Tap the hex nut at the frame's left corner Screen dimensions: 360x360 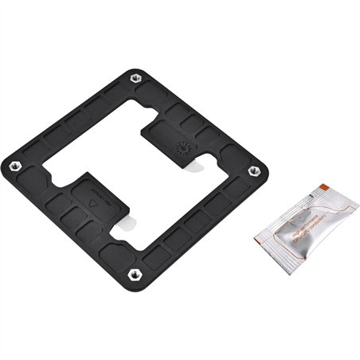click(14, 166)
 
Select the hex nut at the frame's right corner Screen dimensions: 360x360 click(255, 170)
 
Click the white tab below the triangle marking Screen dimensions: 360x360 click(123, 226)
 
